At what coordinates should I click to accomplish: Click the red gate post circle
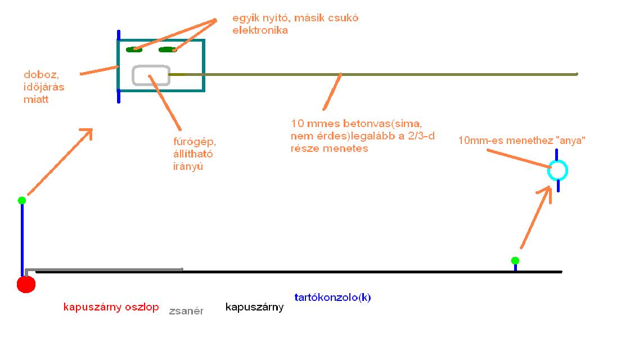point(26,284)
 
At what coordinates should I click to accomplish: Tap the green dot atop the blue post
point(22,200)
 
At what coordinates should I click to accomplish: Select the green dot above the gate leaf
point(515,260)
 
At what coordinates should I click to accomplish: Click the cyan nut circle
point(558,170)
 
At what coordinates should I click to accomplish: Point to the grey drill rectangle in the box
point(151,75)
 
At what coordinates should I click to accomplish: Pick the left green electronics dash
point(134,49)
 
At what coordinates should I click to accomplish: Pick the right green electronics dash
point(168,49)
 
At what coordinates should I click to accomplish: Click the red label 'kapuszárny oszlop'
point(111,307)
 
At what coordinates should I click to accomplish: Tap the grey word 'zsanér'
point(186,310)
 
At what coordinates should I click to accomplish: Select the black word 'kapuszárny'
point(254,307)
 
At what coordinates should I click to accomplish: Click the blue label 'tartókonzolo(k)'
point(332,298)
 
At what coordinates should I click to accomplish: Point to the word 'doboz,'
point(39,75)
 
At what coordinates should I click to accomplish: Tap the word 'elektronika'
point(260,30)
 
